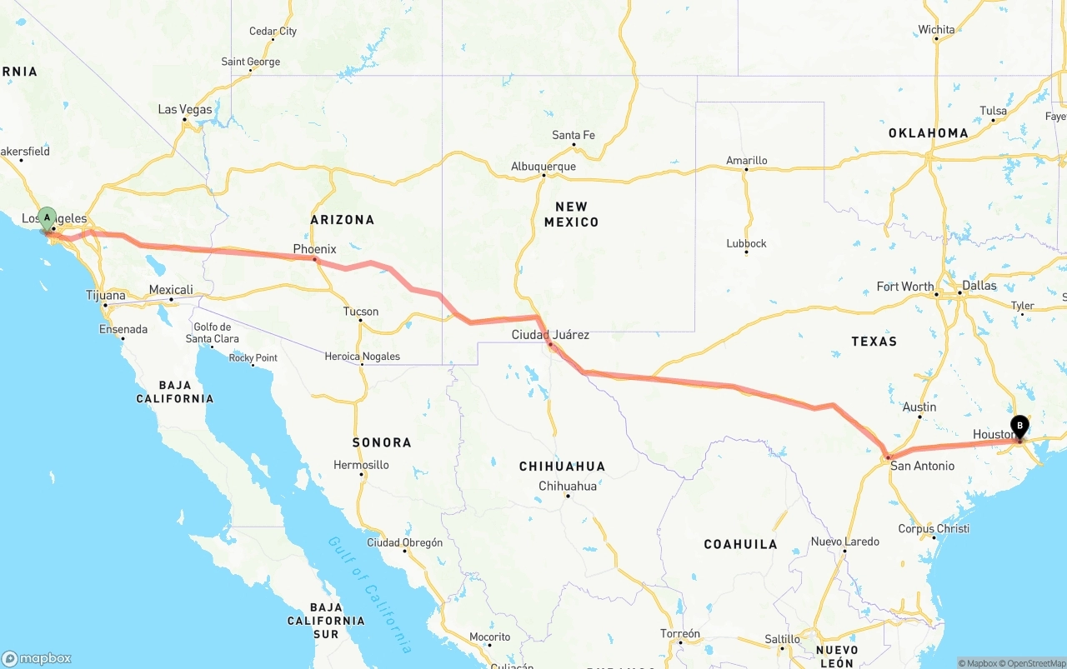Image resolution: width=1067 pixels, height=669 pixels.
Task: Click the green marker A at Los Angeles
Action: point(48,218)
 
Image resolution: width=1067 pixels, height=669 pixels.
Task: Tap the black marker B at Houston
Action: point(1019,427)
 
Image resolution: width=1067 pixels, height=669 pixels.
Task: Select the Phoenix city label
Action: point(314,249)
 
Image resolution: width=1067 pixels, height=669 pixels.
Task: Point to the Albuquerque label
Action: point(544,167)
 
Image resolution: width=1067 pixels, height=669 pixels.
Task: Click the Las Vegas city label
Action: point(185,109)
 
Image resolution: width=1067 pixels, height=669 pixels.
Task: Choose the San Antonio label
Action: point(922,466)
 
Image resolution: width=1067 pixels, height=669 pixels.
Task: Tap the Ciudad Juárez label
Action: point(550,335)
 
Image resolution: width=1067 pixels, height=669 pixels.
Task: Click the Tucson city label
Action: point(360,312)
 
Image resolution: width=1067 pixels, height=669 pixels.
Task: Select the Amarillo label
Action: point(746,161)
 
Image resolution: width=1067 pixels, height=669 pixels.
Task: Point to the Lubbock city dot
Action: point(746,252)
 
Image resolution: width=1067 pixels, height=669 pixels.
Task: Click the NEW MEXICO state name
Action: point(571,214)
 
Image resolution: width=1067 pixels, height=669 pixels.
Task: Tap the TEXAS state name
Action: point(874,341)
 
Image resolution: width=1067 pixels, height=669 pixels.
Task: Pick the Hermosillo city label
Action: point(361,465)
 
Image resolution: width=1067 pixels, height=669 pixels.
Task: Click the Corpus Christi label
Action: point(934,529)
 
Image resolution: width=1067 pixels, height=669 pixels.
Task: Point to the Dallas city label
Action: point(979,286)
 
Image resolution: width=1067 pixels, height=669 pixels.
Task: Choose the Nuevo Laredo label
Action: point(844,542)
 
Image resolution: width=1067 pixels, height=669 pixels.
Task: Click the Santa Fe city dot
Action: point(574,146)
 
